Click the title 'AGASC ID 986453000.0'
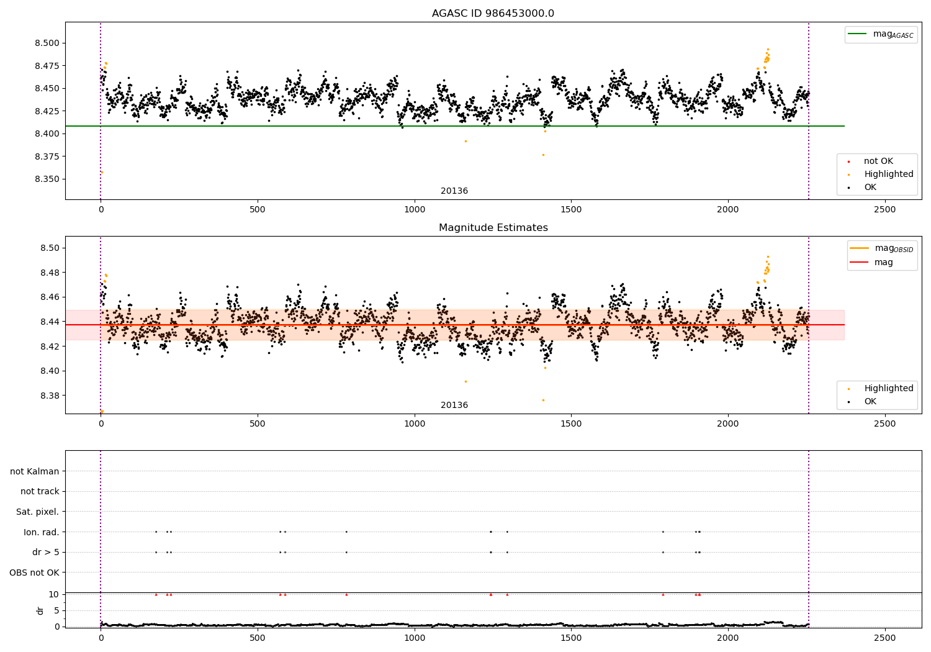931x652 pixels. tap(493, 14)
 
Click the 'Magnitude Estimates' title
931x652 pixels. tap(493, 228)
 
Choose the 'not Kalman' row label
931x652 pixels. tap(35, 471)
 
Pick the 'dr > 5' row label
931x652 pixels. tap(46, 552)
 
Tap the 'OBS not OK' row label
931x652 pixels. tap(34, 573)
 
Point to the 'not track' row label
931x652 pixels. tap(40, 491)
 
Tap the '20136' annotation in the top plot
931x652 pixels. tap(454, 191)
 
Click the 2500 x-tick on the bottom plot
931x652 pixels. tap(884, 637)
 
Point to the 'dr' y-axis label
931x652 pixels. tap(40, 610)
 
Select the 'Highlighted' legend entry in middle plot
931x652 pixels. tap(888, 388)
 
